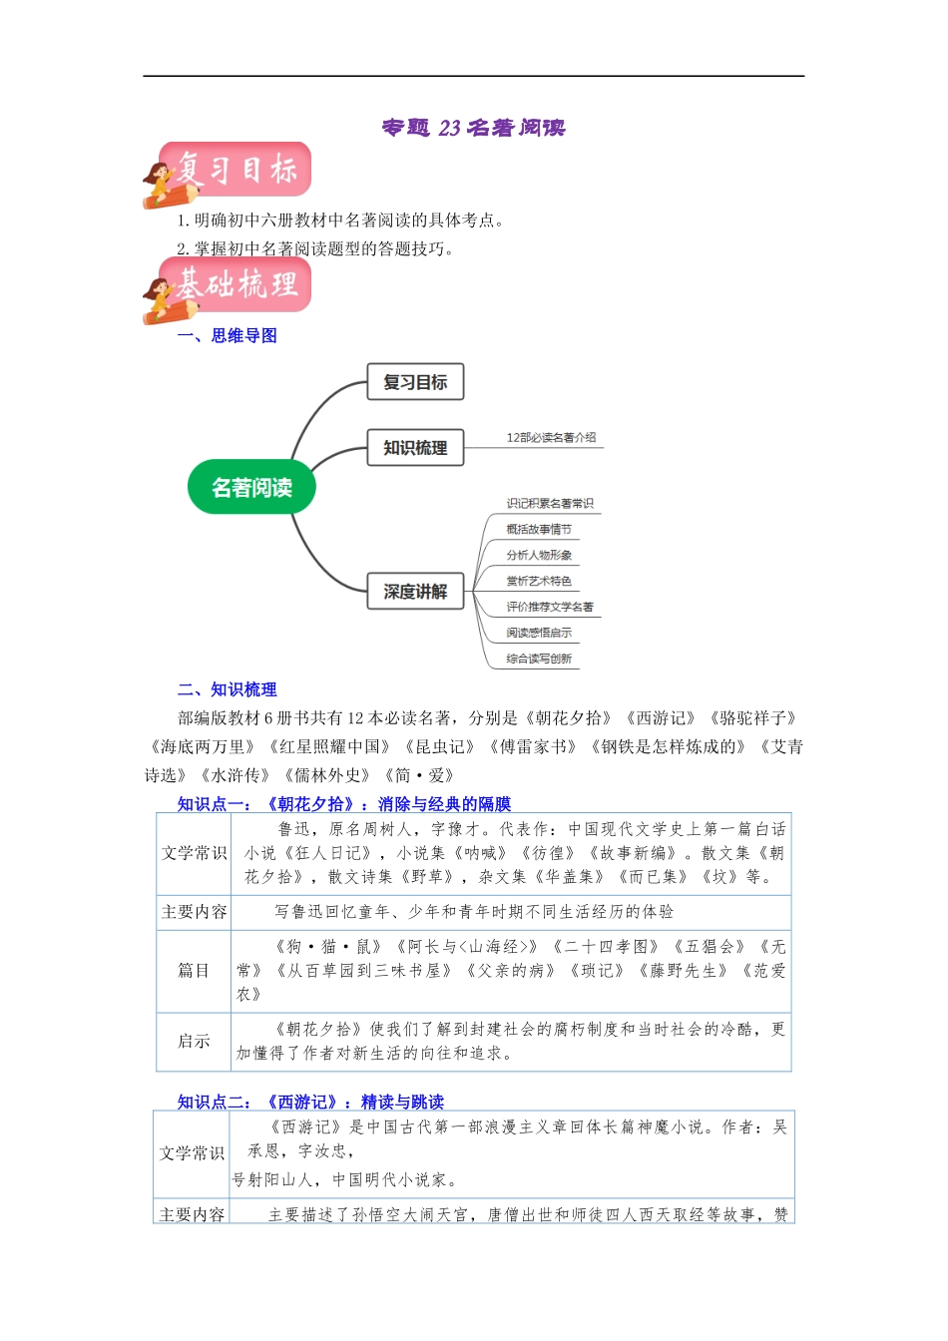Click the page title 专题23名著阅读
tap(473, 128)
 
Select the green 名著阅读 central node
tap(251, 488)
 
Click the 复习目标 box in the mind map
tap(415, 382)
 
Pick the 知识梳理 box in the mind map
tap(415, 448)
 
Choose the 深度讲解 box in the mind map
tap(415, 592)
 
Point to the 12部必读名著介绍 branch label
tap(551, 438)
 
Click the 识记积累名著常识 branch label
tap(549, 504)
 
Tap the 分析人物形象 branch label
tap(539, 556)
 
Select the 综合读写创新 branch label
tap(539, 660)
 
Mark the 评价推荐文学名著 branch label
tap(549, 608)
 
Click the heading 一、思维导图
tap(228, 336)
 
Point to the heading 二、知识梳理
tap(228, 689)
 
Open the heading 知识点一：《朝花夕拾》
tap(343, 804)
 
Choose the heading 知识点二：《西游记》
tap(309, 1102)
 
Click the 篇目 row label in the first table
tap(194, 971)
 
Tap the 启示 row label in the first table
tap(194, 1042)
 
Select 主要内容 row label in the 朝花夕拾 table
tap(194, 912)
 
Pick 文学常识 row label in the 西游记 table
tap(192, 1153)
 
